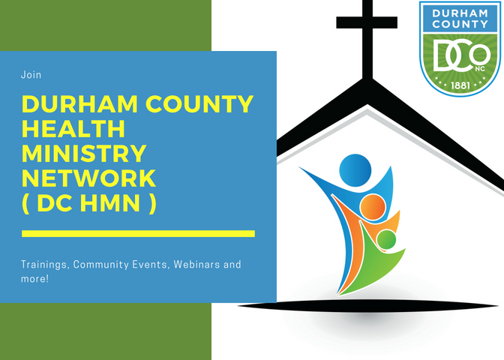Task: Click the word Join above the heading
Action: pos(31,75)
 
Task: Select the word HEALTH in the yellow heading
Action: pos(73,128)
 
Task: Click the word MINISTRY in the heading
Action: pos(84,153)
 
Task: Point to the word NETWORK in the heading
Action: pos(88,178)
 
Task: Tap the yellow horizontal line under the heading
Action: pos(138,234)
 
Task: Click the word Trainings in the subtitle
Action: pos(45,265)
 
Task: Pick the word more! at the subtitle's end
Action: pos(34,279)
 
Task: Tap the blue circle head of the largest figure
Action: pos(355,170)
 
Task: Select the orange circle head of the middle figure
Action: pos(373,207)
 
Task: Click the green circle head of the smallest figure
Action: pos(386,239)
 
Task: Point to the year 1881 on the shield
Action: pos(460,85)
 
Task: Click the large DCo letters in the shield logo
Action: pos(461,55)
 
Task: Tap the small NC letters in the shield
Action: pos(480,69)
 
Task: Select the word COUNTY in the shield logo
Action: pos(460,24)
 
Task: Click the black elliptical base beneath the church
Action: pos(368,306)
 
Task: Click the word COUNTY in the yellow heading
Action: pos(199,104)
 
